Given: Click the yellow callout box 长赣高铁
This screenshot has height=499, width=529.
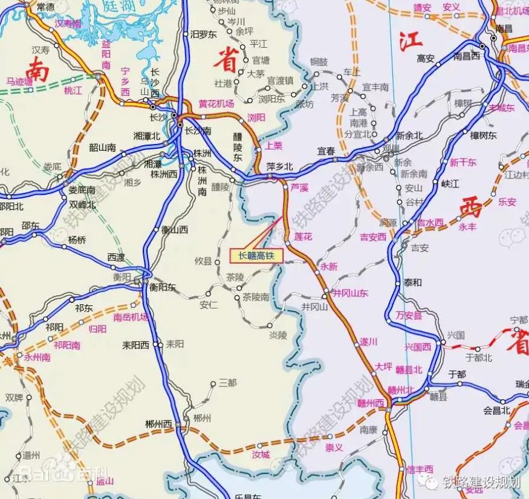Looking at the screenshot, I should pyautogui.click(x=256, y=256).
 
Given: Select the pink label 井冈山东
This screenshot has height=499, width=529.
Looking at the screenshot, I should pyautogui.click(x=350, y=294).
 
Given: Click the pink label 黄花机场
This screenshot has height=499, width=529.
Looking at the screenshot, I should pyautogui.click(x=216, y=104).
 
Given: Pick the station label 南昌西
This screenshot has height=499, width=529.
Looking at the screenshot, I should pyautogui.click(x=466, y=56).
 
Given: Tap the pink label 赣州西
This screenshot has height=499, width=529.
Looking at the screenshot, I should pyautogui.click(x=371, y=403).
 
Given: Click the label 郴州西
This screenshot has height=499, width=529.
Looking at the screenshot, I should pyautogui.click(x=160, y=424).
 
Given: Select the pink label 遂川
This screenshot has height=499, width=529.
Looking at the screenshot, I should pyautogui.click(x=368, y=342).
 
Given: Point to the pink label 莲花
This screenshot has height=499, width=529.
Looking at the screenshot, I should pyautogui.click(x=303, y=236).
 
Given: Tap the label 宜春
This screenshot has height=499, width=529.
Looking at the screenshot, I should pyautogui.click(x=326, y=151).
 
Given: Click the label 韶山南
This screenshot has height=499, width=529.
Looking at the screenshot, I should pyautogui.click(x=102, y=147).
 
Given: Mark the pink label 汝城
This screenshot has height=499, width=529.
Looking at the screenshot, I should pyautogui.click(x=261, y=454).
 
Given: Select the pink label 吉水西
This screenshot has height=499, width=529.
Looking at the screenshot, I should pyautogui.click(x=430, y=223).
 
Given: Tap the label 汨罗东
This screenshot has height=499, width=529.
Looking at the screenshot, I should pyautogui.click(x=203, y=34).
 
